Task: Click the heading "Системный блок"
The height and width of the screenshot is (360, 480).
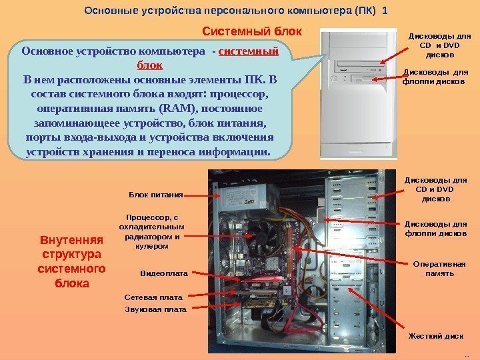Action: (252, 31)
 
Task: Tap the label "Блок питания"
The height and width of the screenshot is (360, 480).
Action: (155, 195)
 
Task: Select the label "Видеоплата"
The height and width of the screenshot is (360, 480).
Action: (164, 273)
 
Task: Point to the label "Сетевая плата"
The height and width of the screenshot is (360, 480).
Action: (153, 295)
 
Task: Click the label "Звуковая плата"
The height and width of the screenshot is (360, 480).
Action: (156, 309)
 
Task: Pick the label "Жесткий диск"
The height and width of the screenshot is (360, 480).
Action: (435, 336)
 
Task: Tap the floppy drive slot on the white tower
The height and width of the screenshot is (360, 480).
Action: (360, 79)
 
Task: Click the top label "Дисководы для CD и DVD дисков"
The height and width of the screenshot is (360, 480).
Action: (439, 45)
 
